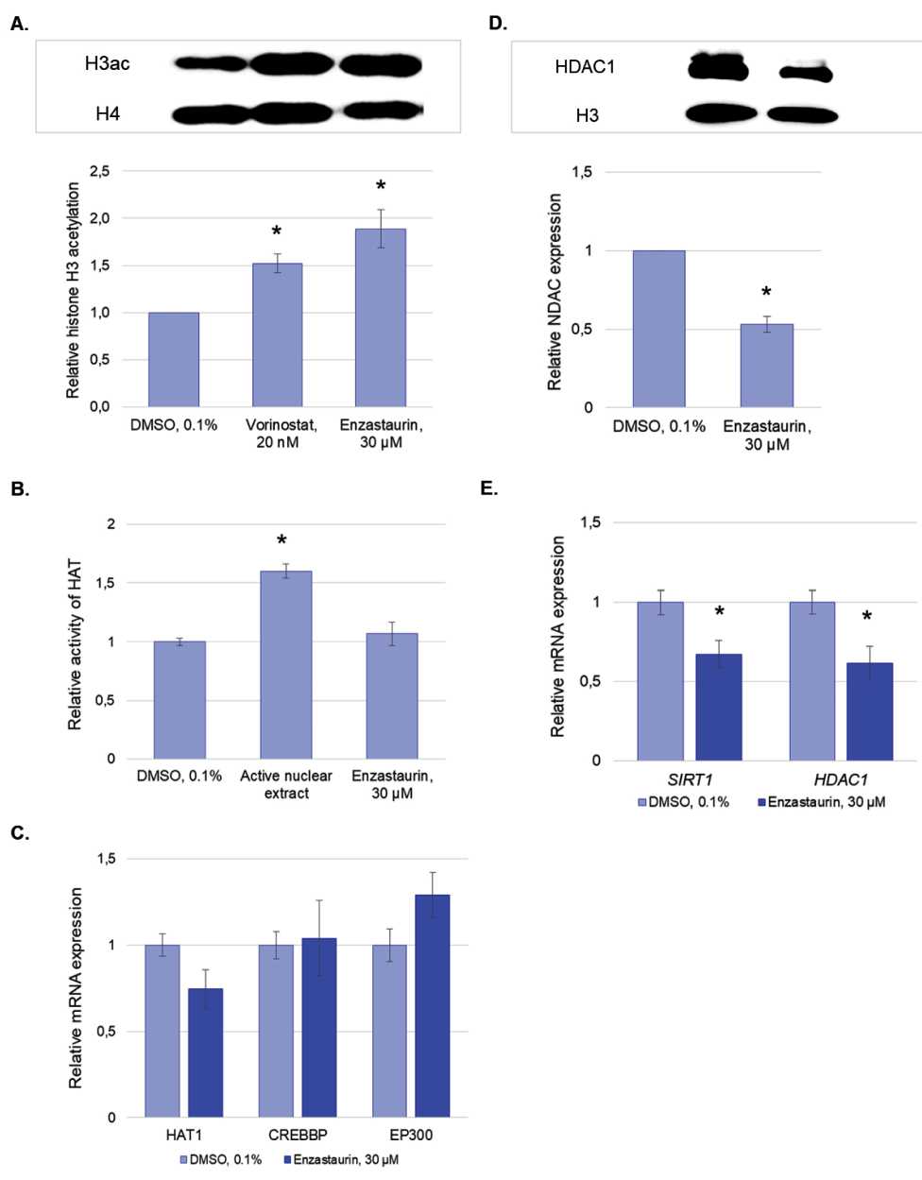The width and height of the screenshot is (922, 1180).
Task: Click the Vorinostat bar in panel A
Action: point(277,334)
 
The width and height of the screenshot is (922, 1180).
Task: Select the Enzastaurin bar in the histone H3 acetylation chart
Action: point(380,317)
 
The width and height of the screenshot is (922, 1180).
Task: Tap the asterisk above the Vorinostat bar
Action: point(277,232)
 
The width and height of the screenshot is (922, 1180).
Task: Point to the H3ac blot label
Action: point(107,64)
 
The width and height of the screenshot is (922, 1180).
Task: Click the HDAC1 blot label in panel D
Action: point(585,67)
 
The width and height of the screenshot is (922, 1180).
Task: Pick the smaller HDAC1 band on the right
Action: point(804,73)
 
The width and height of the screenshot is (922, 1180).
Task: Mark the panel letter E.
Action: point(488,488)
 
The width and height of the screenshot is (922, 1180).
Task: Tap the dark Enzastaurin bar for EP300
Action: point(432,1005)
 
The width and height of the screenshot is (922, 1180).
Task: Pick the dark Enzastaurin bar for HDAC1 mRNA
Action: point(869,711)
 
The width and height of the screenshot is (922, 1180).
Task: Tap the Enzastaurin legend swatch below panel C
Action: point(284,1159)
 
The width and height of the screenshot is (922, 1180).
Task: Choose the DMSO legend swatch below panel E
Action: point(642,802)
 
